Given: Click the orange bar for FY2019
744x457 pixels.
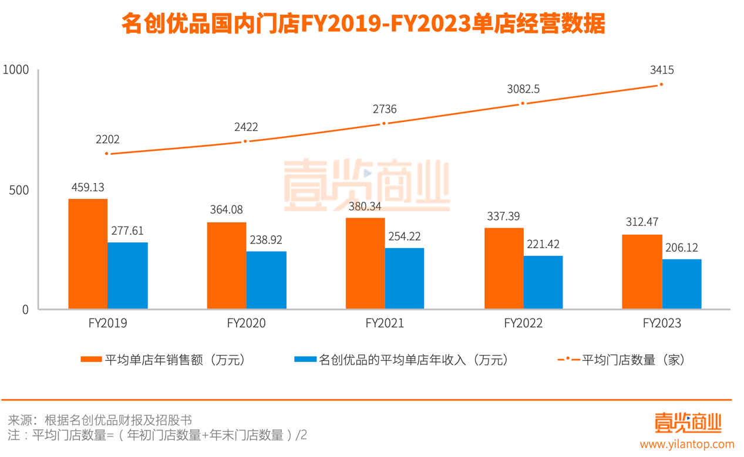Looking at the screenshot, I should pos(88,253).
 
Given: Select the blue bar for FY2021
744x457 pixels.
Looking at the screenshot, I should pos(404,278).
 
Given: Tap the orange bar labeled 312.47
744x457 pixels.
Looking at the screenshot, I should pos(642,272).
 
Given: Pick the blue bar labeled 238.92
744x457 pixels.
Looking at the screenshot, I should pos(266,280).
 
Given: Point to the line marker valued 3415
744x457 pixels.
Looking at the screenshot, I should pos(661,84).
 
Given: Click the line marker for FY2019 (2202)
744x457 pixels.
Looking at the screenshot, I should pos(107,154).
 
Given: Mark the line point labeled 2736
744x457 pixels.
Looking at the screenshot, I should pos(384,123).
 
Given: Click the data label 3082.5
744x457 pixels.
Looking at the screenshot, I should pos(523,89).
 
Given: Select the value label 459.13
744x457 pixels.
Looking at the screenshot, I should pos(87,187).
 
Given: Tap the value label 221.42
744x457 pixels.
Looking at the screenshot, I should pos(543,244).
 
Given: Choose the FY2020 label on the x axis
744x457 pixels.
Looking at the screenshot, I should pos(246,323).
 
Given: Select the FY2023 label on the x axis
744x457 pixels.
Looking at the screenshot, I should pos(662,323).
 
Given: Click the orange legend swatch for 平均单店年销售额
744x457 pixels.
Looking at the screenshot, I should pos(91,360).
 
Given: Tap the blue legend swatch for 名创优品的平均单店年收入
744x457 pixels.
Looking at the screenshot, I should pos(305,360).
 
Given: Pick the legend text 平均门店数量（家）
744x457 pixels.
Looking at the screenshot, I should pos(633,360).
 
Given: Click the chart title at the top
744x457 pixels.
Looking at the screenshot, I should pos(363,24).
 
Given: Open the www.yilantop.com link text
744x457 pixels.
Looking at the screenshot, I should pos(687,444).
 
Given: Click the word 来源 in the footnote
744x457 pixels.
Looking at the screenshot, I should pos(18,420).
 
